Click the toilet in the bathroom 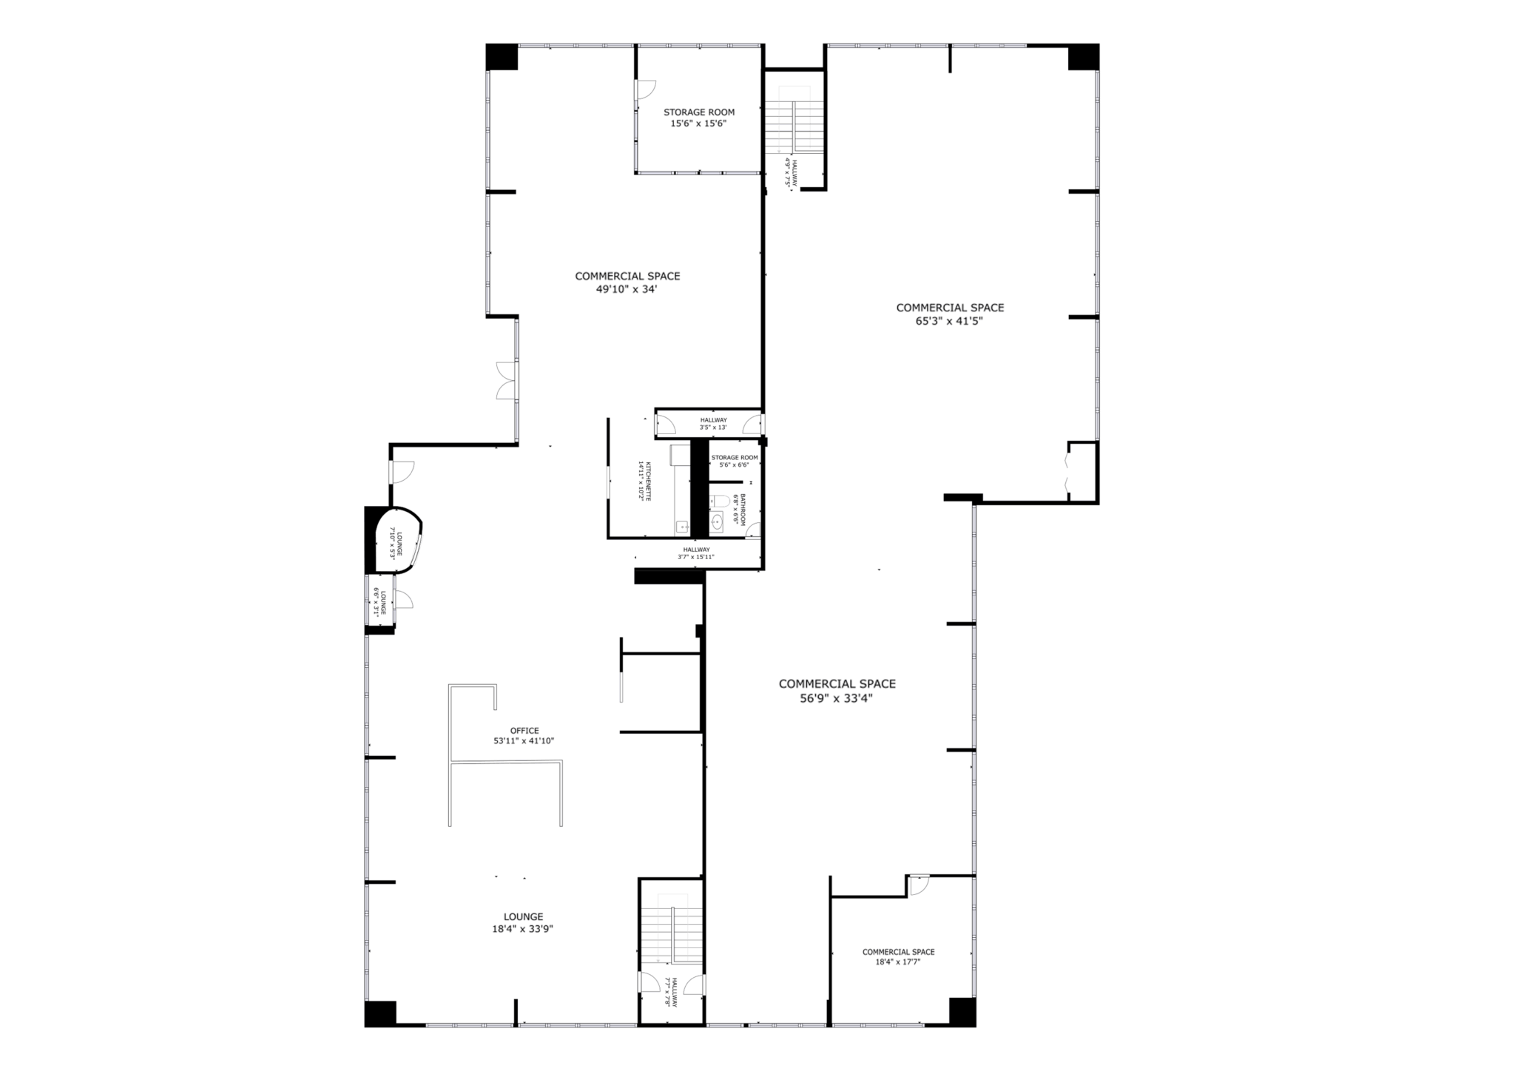point(717,502)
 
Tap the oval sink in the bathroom point(716,524)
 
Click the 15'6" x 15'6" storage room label point(699,118)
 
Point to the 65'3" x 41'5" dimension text point(949,321)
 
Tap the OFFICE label point(524,731)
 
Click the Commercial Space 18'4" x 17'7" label point(898,957)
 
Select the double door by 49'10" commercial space point(506,381)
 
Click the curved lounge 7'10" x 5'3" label point(395,544)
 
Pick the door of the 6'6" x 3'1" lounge point(404,600)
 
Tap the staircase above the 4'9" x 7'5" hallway point(794,126)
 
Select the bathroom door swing point(752,530)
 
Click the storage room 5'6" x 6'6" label point(735,461)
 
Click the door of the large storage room point(645,89)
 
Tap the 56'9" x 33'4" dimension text point(837,697)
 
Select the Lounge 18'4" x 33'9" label point(523,923)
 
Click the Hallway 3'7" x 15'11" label point(696,553)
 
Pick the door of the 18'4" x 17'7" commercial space point(919,886)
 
